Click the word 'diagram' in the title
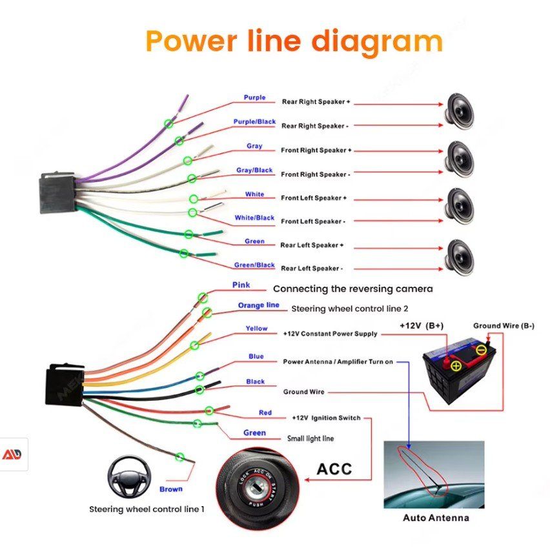(x=377, y=41)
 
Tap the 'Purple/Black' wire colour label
(x=254, y=122)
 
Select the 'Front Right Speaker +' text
(x=316, y=150)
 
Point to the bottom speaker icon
(x=460, y=256)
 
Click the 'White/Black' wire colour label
(x=254, y=218)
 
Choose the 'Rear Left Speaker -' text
(x=312, y=269)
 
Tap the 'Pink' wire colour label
(x=241, y=285)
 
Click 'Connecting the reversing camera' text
(x=352, y=289)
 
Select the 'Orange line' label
(x=258, y=305)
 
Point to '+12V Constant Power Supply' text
(x=330, y=334)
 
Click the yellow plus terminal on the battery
(x=456, y=366)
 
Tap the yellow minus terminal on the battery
(x=481, y=351)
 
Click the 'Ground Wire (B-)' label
(x=504, y=326)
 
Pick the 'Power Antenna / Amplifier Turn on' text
(x=338, y=362)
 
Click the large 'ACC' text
(x=334, y=469)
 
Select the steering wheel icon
(x=125, y=476)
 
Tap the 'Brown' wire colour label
(x=170, y=489)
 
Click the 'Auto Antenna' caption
(x=436, y=518)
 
